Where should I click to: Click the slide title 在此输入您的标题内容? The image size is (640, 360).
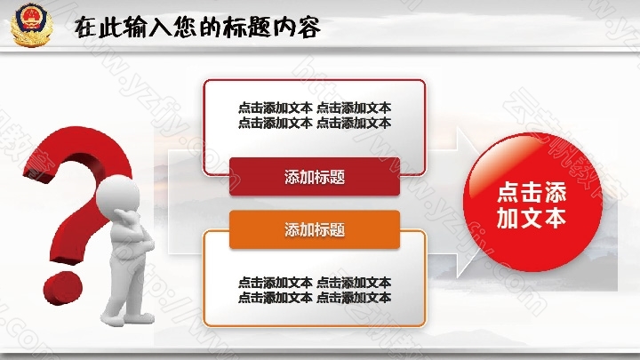pyautogui.click(x=197, y=28)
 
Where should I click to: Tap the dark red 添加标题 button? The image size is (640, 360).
pyautogui.click(x=315, y=177)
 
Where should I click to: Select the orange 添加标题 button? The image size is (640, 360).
pyautogui.click(x=315, y=229)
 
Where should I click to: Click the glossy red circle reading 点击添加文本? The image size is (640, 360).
pyautogui.click(x=532, y=202)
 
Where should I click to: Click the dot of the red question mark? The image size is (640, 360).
pyautogui.click(x=63, y=288)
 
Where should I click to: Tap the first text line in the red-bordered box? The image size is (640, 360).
pyautogui.click(x=315, y=108)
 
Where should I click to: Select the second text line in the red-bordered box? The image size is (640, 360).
pyautogui.click(x=315, y=123)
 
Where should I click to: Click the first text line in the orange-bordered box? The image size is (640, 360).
pyautogui.click(x=315, y=283)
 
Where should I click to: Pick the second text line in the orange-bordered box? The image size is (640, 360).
pyautogui.click(x=315, y=298)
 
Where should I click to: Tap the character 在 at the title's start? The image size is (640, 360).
pyautogui.click(x=86, y=28)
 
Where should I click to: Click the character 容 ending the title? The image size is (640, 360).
pyautogui.click(x=308, y=28)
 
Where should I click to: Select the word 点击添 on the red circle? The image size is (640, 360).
pyautogui.click(x=532, y=193)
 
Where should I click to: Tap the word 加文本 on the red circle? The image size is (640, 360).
pyautogui.click(x=532, y=219)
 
